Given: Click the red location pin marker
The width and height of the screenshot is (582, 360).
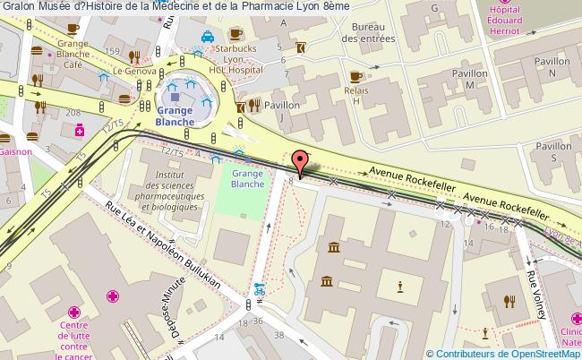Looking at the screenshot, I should point(302,162).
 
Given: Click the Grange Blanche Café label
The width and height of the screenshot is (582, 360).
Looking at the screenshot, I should point(73,54).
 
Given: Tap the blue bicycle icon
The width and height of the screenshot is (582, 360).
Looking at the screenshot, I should point(259,290).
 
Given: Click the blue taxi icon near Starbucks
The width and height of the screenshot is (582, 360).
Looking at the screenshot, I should point(206,38).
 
